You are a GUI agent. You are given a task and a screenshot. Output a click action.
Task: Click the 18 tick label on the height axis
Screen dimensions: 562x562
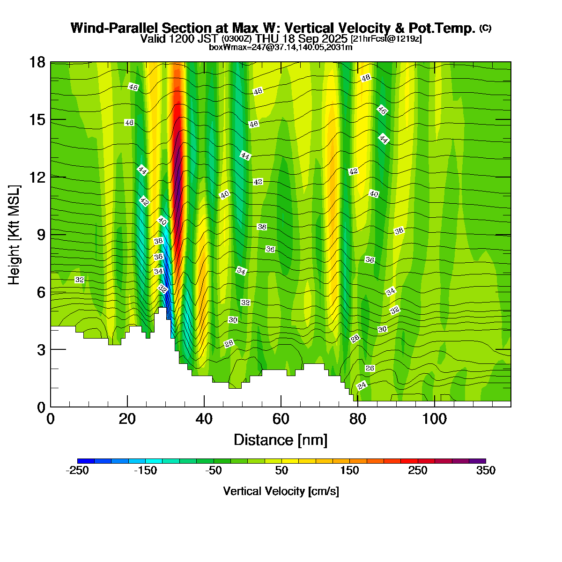point(38,62)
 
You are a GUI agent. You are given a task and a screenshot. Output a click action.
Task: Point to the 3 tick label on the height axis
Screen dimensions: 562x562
point(41,350)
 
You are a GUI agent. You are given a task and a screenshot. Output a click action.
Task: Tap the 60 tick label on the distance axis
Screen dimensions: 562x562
point(281,419)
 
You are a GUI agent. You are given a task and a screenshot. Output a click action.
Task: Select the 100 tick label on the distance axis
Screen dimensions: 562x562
point(434,419)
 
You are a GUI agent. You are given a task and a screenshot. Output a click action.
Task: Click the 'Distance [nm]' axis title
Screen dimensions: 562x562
point(281,440)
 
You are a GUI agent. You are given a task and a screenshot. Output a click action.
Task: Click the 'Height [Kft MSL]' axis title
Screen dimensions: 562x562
point(15,235)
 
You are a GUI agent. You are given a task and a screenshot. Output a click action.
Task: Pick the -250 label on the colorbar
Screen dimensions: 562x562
point(77,471)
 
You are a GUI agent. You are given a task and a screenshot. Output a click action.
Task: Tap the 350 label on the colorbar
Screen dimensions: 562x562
point(486,471)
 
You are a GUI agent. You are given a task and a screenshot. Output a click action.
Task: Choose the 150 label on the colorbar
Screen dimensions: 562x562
point(349,471)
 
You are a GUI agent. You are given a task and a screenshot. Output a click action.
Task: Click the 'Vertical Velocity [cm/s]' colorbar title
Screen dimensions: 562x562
point(281,491)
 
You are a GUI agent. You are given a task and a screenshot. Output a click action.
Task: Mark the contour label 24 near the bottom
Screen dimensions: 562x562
point(362,386)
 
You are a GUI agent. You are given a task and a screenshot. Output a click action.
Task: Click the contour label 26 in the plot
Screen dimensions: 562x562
point(370,369)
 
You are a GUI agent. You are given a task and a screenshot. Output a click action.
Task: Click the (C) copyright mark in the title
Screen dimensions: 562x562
point(485,28)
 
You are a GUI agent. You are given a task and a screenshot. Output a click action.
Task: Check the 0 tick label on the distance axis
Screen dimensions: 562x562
point(51,419)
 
